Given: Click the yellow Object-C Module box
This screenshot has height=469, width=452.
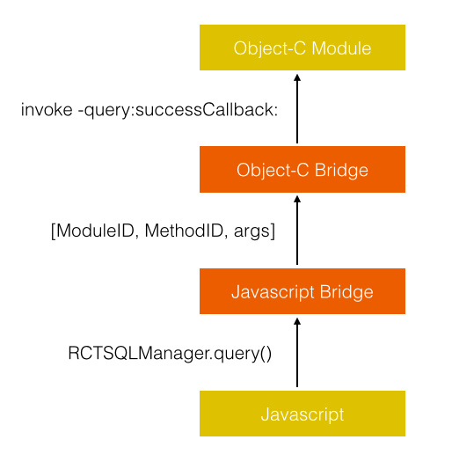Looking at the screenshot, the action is (x=303, y=48).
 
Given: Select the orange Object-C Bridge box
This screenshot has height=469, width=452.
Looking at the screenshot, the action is (x=303, y=169).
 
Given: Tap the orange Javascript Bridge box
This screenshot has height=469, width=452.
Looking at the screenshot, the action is (x=303, y=291).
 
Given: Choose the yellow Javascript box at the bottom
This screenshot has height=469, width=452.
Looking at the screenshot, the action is (x=303, y=414).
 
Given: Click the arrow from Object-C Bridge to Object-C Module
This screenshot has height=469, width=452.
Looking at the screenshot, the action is (x=297, y=109).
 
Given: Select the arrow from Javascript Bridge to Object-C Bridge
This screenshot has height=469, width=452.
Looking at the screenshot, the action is (x=297, y=231).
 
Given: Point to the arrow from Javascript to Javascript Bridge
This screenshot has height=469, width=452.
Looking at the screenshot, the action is (x=297, y=353).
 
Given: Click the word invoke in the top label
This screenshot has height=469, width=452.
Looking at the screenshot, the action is (x=47, y=109).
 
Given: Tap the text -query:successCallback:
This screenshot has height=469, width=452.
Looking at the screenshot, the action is (x=178, y=110).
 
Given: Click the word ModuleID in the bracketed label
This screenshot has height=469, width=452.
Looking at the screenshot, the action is (x=95, y=231).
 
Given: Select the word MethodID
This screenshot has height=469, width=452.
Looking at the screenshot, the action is (x=184, y=231).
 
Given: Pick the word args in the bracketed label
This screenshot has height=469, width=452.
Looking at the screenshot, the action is (x=252, y=232).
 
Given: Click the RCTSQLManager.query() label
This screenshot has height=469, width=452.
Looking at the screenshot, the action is (x=170, y=354).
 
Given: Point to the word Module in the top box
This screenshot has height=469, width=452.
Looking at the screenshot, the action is (x=341, y=48).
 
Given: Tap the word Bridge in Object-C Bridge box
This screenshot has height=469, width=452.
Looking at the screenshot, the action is (x=341, y=171).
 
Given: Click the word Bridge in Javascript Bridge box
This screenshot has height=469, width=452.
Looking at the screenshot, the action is (x=346, y=292).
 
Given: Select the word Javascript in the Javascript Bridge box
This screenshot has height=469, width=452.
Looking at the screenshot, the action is (x=273, y=292).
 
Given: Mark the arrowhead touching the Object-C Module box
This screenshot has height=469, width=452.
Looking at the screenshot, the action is (x=297, y=77).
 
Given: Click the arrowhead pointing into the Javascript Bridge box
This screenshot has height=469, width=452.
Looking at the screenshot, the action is (x=297, y=321).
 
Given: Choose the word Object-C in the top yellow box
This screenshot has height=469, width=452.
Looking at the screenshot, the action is (x=270, y=48).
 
